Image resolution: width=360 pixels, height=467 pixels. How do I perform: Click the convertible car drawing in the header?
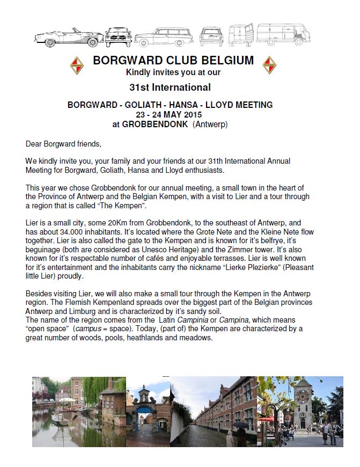(x=69, y=36)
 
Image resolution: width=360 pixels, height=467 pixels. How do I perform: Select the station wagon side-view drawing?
(x=164, y=37)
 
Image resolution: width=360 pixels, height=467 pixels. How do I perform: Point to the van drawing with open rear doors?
(x=240, y=35)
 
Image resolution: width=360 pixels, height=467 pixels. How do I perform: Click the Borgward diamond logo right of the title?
(x=269, y=66)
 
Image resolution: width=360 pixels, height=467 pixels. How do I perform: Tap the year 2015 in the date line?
(x=192, y=114)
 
